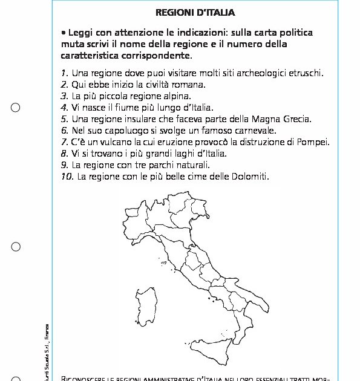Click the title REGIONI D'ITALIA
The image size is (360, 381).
tap(195, 12)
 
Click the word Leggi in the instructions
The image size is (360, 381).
tap(81, 33)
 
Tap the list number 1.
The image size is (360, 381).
tap(64, 73)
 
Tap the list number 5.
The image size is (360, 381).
tap(64, 119)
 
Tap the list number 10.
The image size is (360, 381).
tap(67, 176)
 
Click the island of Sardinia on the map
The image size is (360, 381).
tap(155, 307)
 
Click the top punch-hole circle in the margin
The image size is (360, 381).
tap(16, 108)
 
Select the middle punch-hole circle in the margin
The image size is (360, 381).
tap(16, 247)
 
